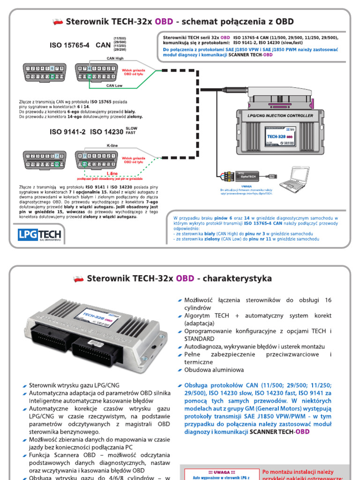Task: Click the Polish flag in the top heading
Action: click(x=58, y=22)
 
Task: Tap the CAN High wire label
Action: click(x=115, y=58)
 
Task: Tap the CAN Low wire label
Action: click(x=114, y=85)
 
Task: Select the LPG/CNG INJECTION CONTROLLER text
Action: click(x=280, y=115)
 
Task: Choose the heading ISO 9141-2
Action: click(x=68, y=132)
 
